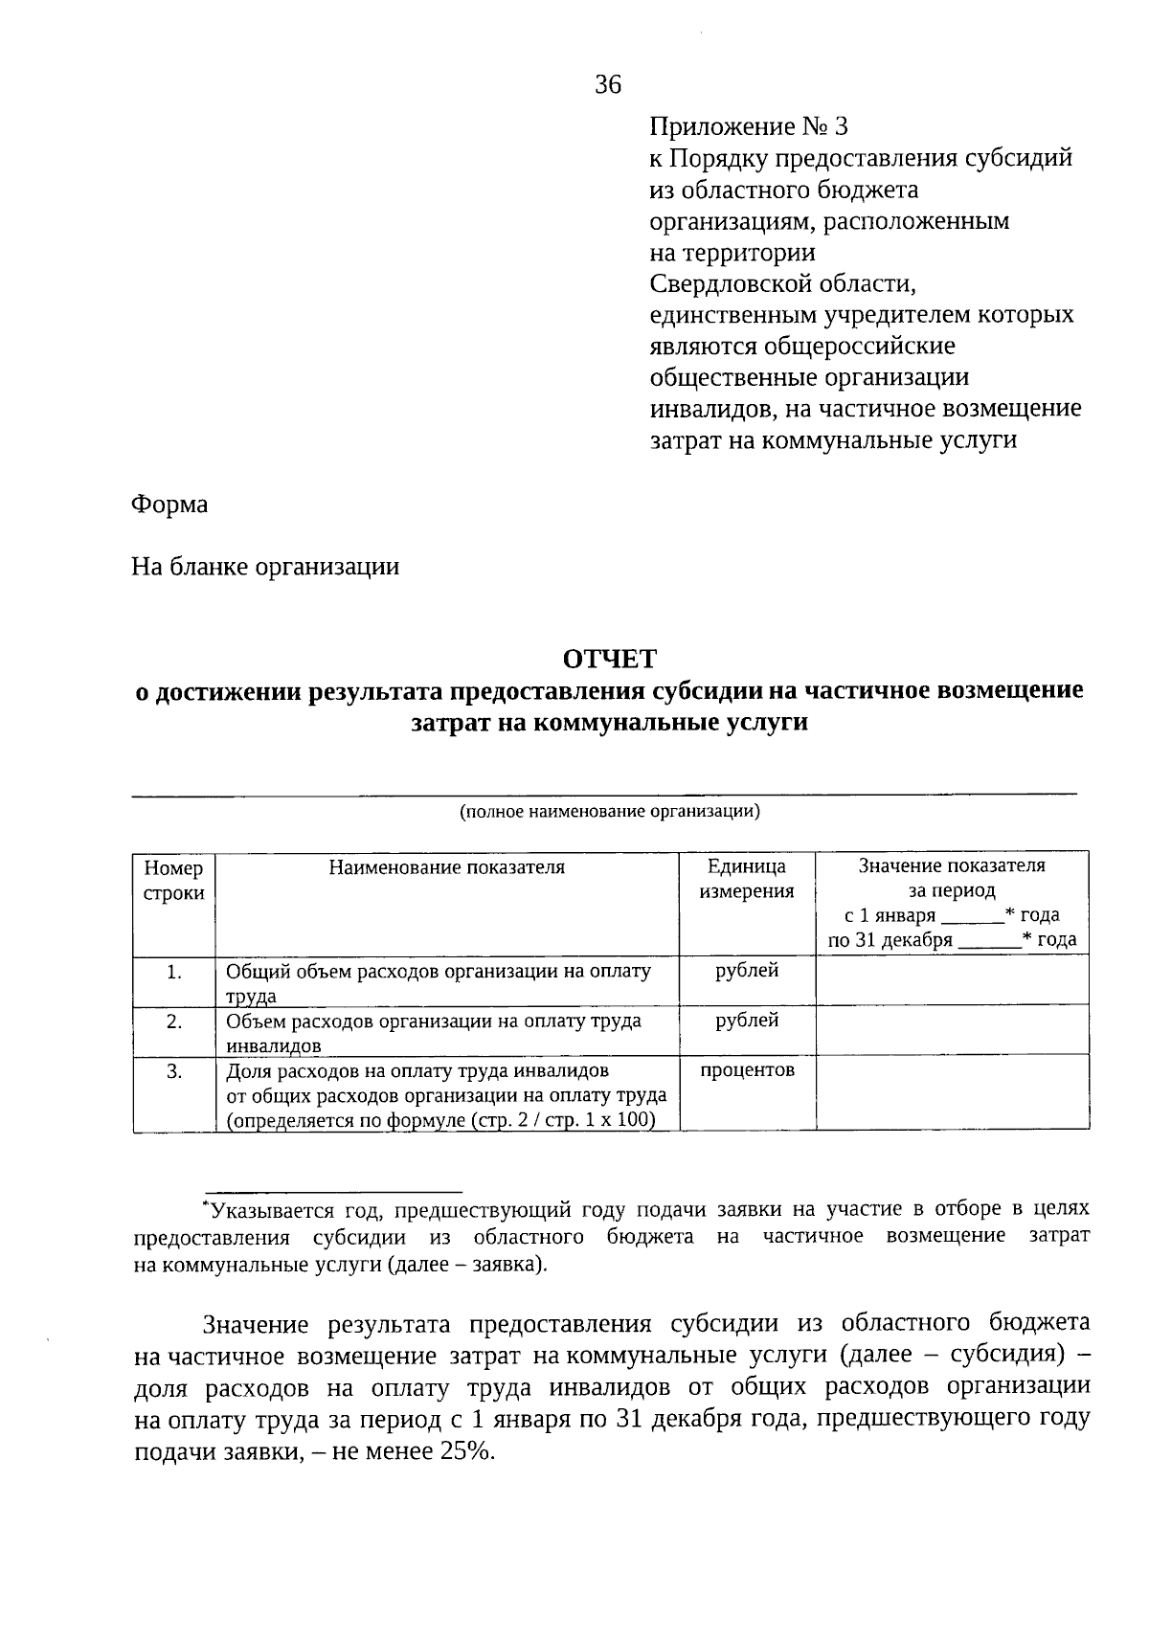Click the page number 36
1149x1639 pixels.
pyautogui.click(x=608, y=85)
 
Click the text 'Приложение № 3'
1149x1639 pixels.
pyautogui.click(x=749, y=126)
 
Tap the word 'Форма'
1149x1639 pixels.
pyautogui.click(x=169, y=504)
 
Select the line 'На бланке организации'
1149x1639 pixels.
pyautogui.click(x=265, y=567)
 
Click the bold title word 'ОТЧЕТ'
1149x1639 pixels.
pyautogui.click(x=609, y=659)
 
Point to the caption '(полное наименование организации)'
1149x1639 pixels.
pyautogui.click(x=609, y=813)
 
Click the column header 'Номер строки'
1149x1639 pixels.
pyautogui.click(x=173, y=881)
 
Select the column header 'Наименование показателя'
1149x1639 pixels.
pyautogui.click(x=447, y=867)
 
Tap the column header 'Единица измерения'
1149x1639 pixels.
pyautogui.click(x=747, y=879)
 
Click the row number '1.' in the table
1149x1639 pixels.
pyautogui.click(x=173, y=972)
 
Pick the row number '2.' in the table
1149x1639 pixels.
pyautogui.click(x=173, y=1022)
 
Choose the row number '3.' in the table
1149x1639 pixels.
pyautogui.click(x=173, y=1071)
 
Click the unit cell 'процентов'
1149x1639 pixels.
pyautogui.click(x=747, y=1070)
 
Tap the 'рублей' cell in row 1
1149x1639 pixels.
pyautogui.click(x=747, y=971)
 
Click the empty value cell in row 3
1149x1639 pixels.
pyautogui.click(x=952, y=1092)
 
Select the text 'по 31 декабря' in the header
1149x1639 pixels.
pyautogui.click(x=890, y=940)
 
